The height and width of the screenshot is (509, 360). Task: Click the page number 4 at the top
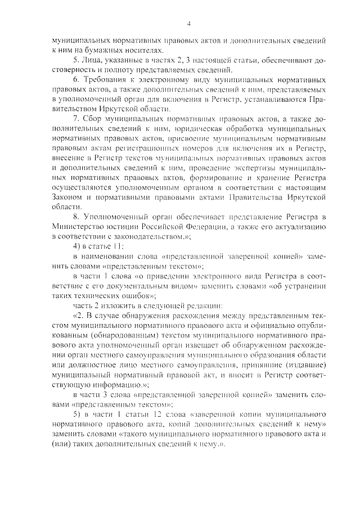(189, 23)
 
